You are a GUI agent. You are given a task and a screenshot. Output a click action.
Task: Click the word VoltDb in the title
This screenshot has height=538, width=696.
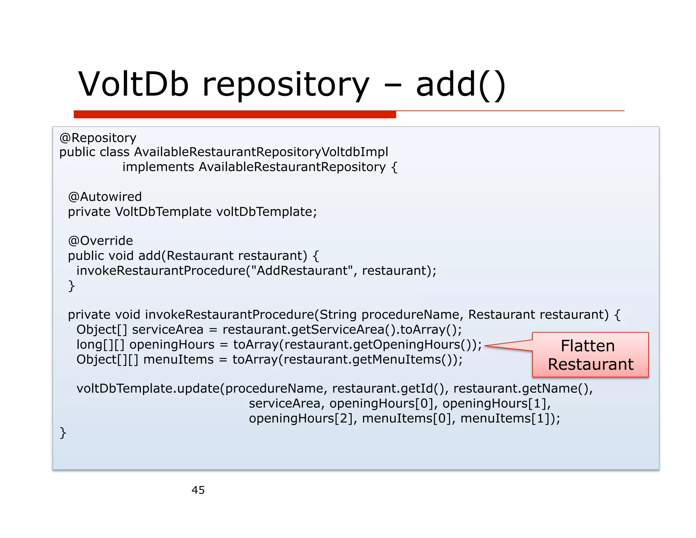133,84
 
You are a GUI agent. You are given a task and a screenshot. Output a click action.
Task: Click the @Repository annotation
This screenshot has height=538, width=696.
98,138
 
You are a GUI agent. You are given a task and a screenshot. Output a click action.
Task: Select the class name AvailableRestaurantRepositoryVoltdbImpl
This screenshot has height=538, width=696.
261,152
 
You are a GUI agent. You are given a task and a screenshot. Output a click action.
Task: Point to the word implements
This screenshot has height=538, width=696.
158,167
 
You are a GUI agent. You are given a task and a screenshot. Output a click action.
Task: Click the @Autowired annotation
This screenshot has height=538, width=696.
105,197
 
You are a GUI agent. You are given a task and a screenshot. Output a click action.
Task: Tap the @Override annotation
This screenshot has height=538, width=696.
101,241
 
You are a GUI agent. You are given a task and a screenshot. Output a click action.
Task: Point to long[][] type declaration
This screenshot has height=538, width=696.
101,344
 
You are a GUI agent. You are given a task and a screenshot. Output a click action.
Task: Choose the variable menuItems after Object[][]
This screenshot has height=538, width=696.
178,359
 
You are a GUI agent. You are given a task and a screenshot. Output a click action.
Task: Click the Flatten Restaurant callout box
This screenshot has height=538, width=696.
590,355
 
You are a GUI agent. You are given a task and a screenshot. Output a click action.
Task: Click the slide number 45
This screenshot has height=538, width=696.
198,490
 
